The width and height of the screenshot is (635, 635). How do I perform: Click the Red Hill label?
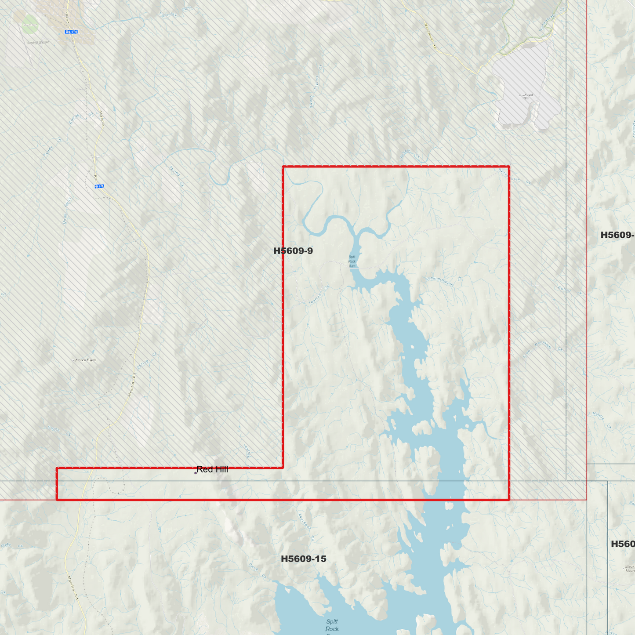[212, 469]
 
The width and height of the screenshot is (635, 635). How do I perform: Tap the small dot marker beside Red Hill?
[196, 473]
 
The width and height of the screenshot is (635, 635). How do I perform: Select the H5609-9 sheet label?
[293, 251]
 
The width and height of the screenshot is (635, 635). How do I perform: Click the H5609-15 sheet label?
[303, 559]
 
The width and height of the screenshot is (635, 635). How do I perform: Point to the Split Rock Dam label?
[352, 261]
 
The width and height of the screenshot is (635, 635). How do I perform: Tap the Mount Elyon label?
[84, 360]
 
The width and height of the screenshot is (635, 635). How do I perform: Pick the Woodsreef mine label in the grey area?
[526, 96]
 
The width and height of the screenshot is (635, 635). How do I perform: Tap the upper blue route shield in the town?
[71, 32]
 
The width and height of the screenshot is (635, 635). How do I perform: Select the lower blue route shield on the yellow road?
[99, 186]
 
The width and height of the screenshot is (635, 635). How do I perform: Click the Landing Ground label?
[39, 43]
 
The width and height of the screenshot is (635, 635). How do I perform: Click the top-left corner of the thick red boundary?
[283, 167]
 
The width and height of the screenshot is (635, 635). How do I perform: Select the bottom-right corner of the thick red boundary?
[509, 500]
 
